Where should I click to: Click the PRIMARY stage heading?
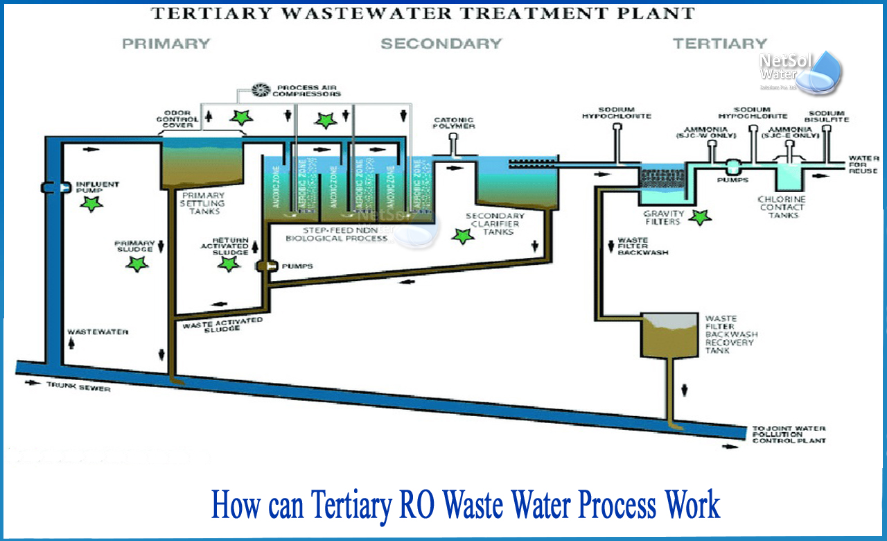(166, 44)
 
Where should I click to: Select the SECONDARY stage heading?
(441, 44)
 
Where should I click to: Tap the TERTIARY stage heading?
(720, 44)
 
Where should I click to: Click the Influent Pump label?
(97, 188)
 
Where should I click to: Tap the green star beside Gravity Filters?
(700, 218)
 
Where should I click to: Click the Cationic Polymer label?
(454, 123)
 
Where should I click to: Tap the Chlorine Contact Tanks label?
(781, 207)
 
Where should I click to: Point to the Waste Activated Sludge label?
(222, 324)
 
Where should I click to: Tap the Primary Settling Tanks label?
(202, 203)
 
